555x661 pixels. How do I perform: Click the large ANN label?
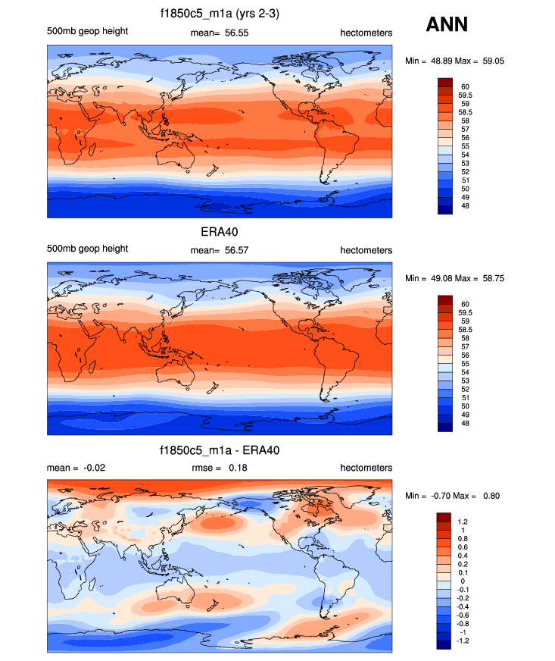tap(447, 25)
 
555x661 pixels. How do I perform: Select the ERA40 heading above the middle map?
tap(220, 232)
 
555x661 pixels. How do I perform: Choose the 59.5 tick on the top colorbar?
tap(464, 96)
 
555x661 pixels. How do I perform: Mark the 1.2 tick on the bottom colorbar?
tap(462, 522)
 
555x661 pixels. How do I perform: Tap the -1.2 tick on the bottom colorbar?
tap(463, 640)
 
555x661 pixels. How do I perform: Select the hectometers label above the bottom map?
tap(366, 468)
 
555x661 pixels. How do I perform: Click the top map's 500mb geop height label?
tap(87, 31)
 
